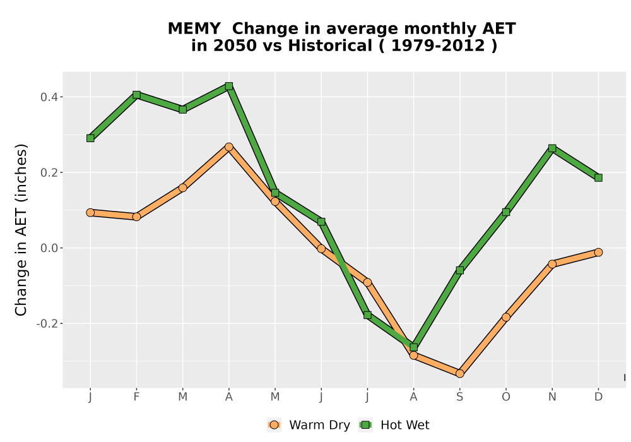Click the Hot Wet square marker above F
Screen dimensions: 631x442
136,95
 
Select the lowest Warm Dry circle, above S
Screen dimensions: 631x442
459,374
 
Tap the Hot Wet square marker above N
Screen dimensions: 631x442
552,148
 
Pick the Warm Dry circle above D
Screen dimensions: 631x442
598,253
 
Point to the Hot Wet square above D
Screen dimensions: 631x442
598,178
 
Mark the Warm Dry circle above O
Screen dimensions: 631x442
506,317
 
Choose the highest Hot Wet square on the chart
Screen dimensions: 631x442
229,86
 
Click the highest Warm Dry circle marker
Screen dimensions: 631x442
229,147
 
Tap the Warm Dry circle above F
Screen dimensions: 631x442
136,217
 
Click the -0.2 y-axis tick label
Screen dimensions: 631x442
47,324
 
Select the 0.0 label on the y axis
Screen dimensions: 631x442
49,248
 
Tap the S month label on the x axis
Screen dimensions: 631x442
459,397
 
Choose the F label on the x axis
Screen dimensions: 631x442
136,397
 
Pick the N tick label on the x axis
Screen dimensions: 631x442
552,397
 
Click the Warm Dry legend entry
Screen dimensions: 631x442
309,425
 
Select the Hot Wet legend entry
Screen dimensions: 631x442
394,425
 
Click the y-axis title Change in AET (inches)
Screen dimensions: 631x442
21,230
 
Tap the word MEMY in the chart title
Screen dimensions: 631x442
194,29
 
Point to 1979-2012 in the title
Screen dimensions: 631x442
438,46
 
